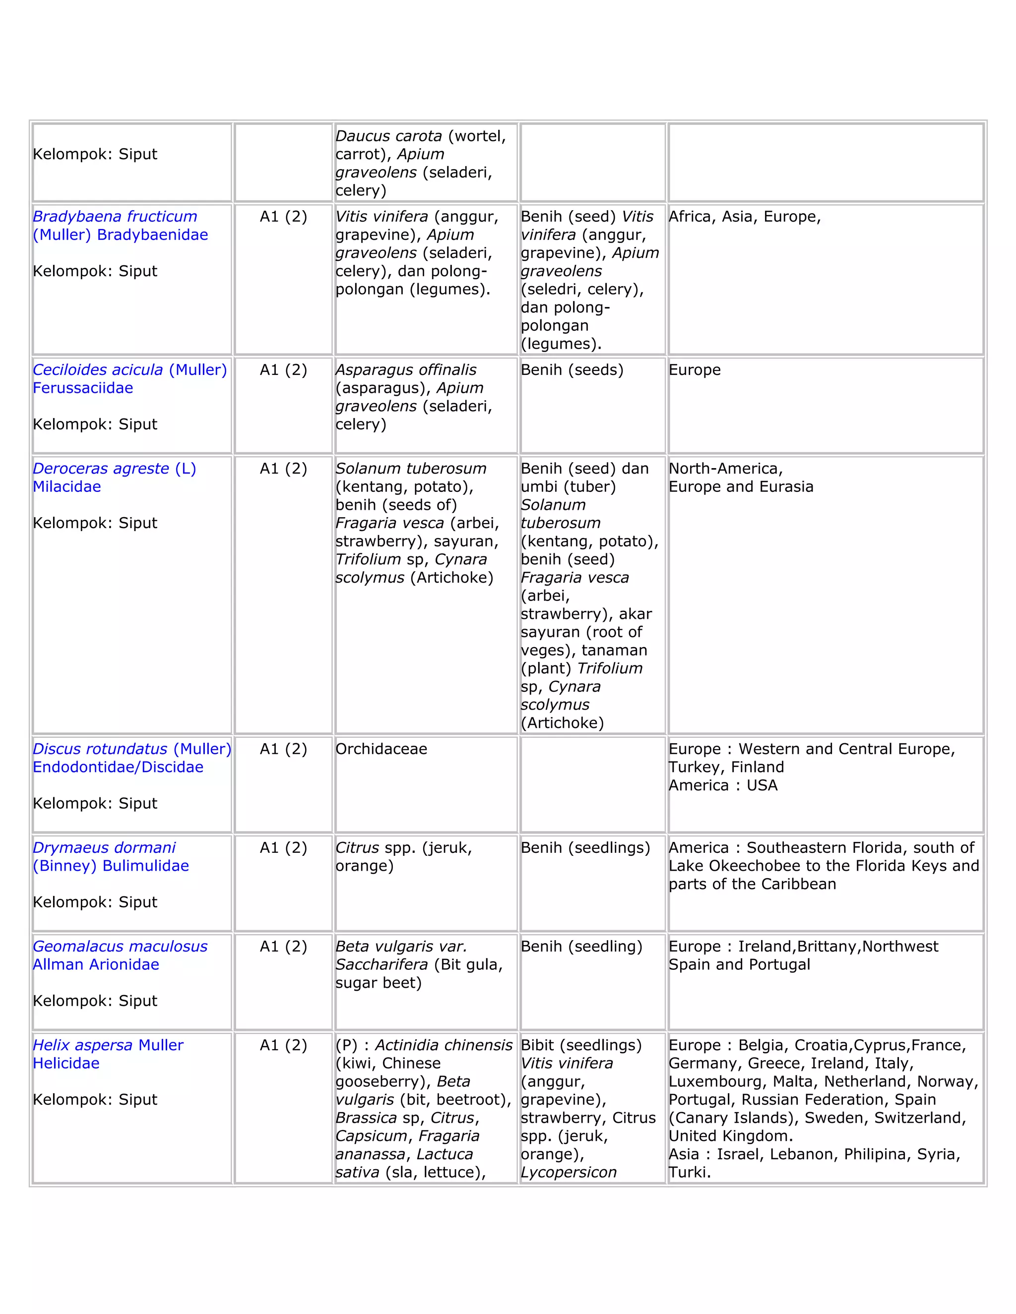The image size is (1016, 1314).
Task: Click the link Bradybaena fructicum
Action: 115,217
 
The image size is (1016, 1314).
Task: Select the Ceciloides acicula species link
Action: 98,370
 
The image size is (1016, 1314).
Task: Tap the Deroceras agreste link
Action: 101,469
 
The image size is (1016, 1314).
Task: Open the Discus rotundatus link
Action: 100,749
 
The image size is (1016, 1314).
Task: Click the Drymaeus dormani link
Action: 104,848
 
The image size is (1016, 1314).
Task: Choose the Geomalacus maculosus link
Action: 120,947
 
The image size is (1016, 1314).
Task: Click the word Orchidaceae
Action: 381,749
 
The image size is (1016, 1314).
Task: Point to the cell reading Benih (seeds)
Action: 572,370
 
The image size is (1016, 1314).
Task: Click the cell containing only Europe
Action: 695,370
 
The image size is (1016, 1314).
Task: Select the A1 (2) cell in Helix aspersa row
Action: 283,1045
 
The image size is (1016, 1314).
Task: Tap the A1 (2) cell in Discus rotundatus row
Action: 283,749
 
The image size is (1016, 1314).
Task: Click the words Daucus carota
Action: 388,136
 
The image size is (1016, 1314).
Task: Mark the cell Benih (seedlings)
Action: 585,848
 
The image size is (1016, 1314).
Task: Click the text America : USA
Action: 723,785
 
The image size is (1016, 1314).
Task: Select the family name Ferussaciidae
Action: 82,388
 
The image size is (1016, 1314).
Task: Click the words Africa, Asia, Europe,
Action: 745,217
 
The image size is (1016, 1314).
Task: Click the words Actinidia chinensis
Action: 444,1045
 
